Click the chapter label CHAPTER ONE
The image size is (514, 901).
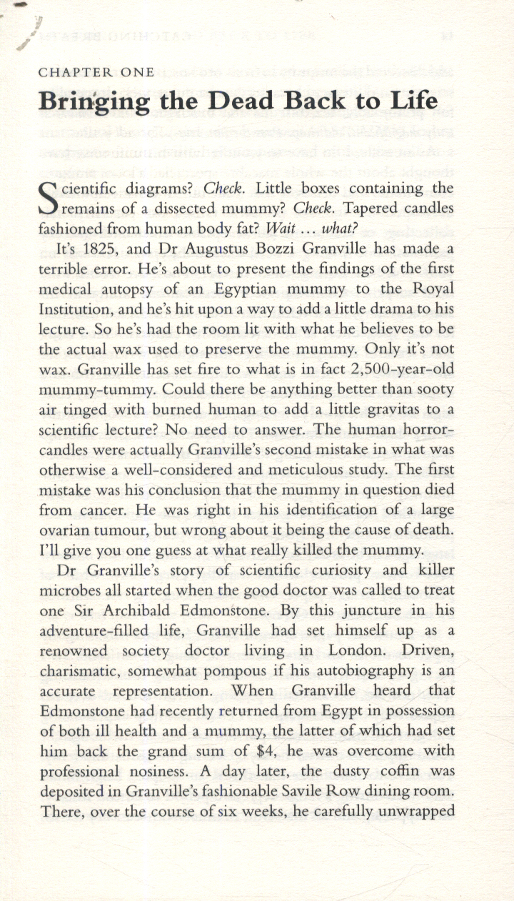[x=96, y=72]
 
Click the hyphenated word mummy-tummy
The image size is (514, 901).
[x=95, y=391]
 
